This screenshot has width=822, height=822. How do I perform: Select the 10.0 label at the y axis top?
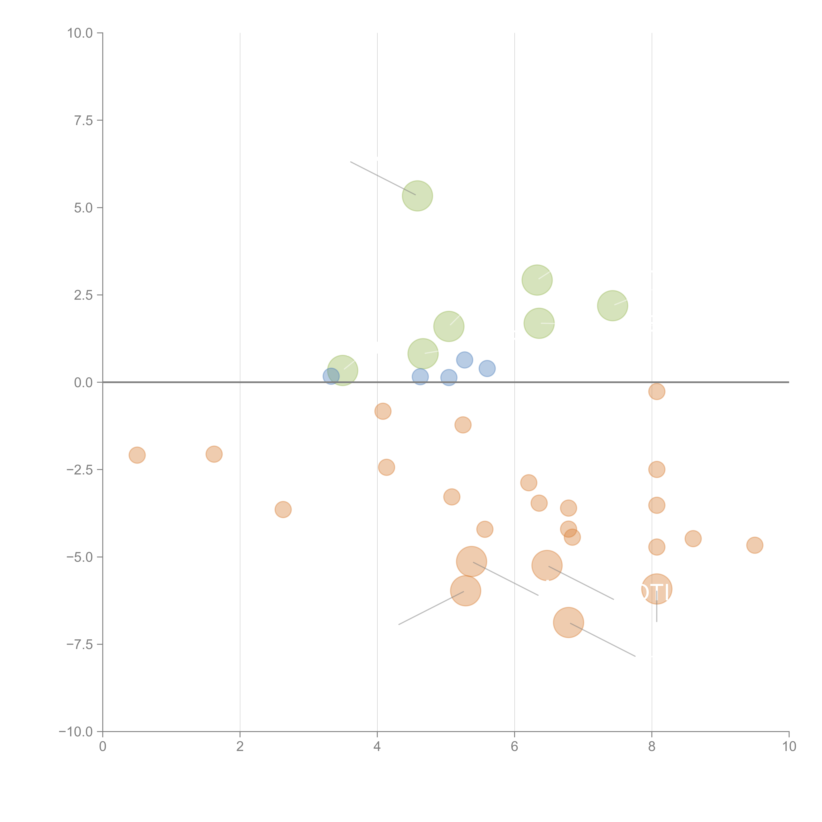point(80,33)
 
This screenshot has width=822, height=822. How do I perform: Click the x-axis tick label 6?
point(514,747)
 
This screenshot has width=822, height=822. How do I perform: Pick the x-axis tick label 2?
point(240,747)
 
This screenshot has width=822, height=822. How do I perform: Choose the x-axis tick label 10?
point(789,747)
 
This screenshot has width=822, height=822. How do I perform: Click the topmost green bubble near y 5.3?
point(417,196)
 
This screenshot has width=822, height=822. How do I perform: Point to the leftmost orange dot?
point(137,455)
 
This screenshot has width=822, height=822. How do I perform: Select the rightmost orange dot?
point(754,545)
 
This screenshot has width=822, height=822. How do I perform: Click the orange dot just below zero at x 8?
point(656,391)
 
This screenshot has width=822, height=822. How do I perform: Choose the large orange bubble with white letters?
point(656,589)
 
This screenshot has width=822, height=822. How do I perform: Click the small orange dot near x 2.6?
point(283,509)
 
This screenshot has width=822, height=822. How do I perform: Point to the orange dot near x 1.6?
point(214,454)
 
